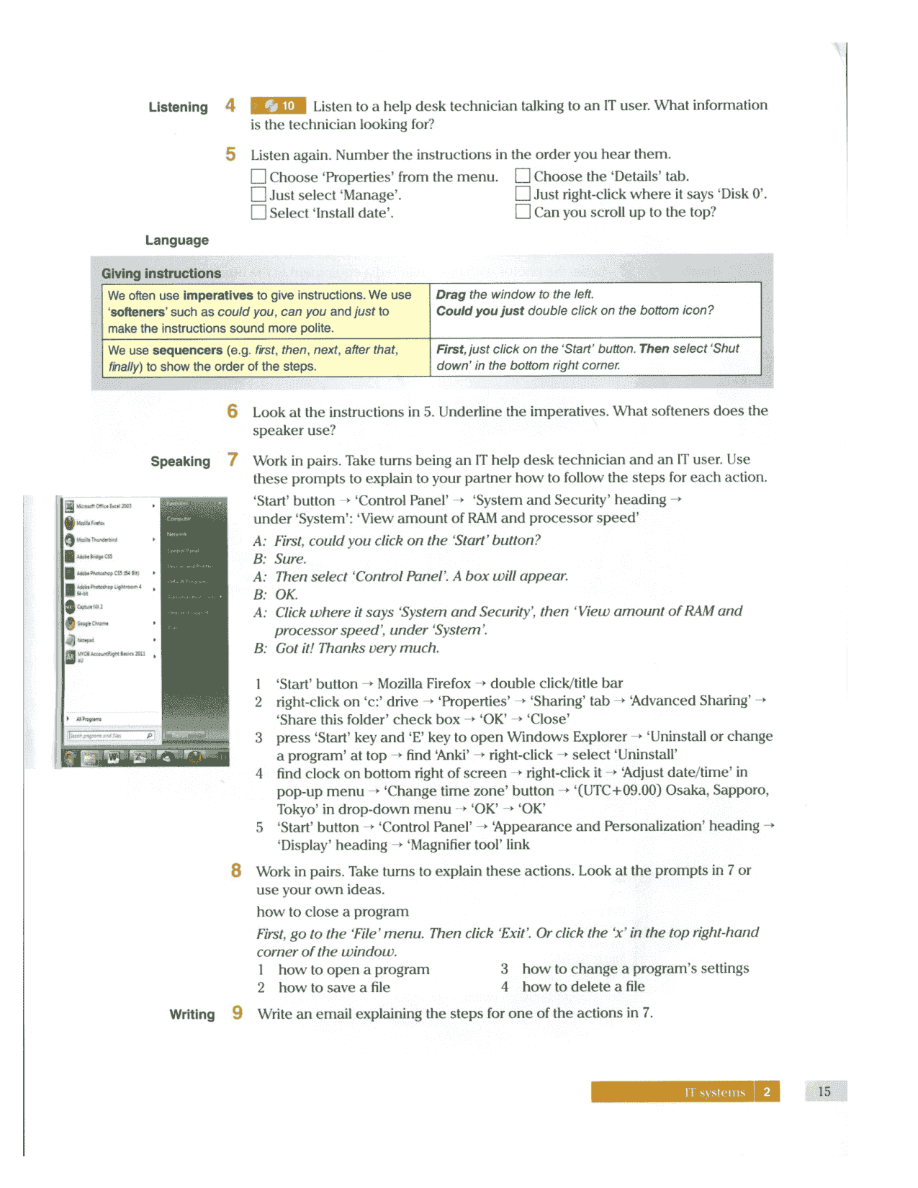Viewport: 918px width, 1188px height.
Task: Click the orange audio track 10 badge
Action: [x=278, y=106]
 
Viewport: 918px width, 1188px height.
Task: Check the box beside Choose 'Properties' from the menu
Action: [x=258, y=176]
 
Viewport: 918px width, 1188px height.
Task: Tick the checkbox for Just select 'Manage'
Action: [x=258, y=194]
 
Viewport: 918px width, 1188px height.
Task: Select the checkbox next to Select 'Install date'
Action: [x=258, y=212]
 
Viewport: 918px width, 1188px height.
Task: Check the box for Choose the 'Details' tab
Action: [x=523, y=176]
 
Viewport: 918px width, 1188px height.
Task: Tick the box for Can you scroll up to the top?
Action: [x=523, y=212]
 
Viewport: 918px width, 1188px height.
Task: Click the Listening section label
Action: [x=178, y=107]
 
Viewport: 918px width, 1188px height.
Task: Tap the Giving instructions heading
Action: [x=161, y=274]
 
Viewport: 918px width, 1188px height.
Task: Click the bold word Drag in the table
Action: [x=451, y=294]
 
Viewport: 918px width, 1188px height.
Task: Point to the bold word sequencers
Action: [x=187, y=350]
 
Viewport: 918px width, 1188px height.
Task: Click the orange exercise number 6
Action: [x=232, y=411]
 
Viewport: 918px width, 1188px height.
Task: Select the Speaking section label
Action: [x=180, y=462]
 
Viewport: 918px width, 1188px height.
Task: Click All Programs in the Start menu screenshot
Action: [x=89, y=719]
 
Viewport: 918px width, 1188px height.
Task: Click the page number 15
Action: [x=824, y=1092]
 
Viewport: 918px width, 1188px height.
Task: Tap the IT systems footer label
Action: [x=714, y=1092]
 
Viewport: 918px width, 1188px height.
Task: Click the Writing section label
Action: [x=192, y=1014]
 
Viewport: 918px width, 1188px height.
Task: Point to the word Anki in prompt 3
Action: [x=454, y=755]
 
